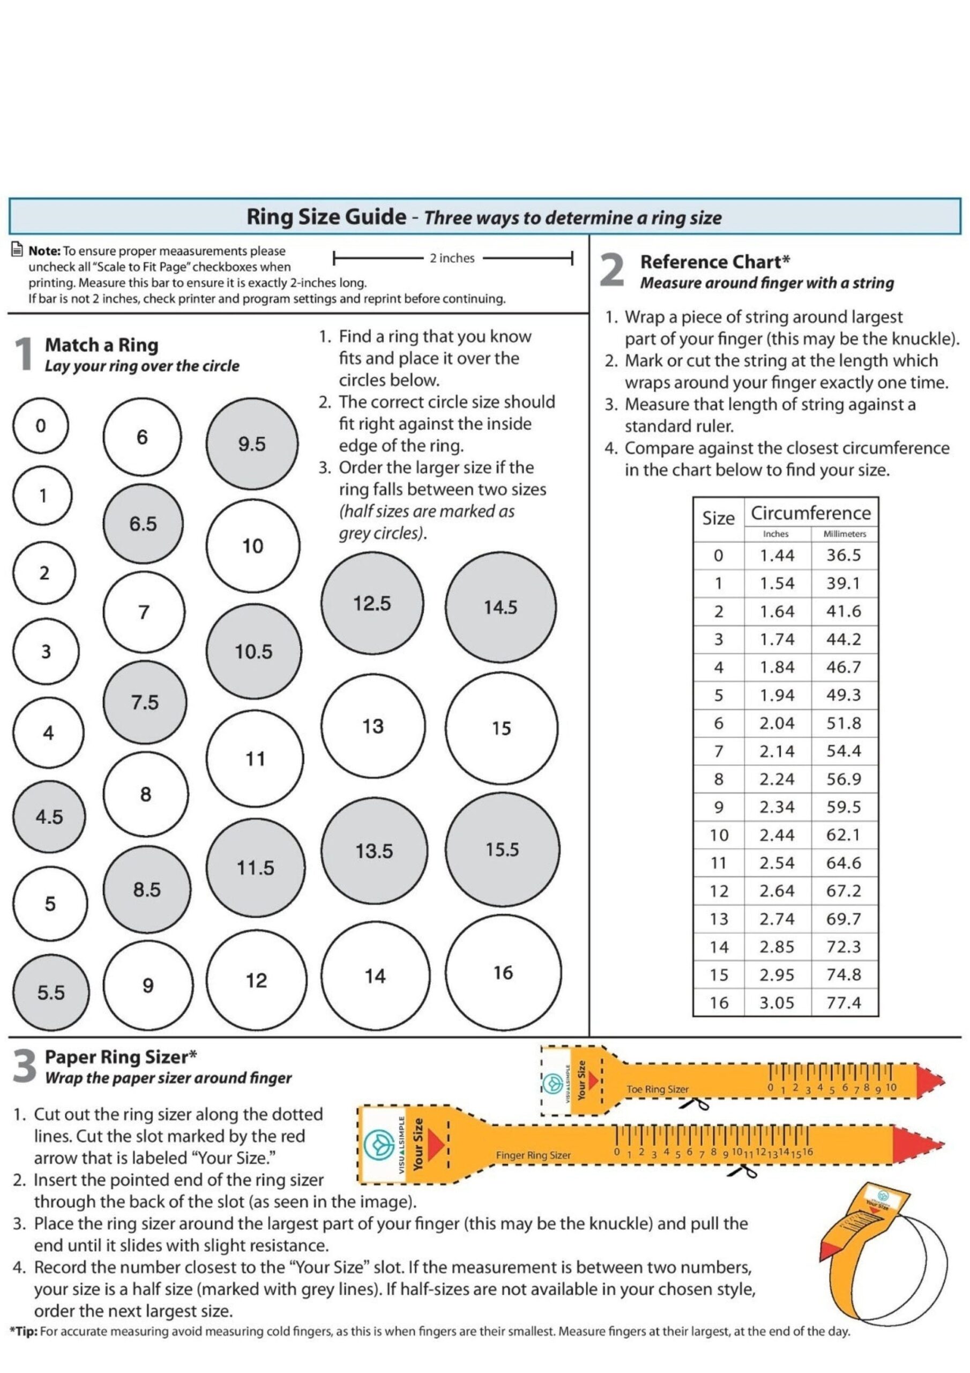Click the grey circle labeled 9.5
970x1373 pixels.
[252, 444]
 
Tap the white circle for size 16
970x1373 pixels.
[503, 972]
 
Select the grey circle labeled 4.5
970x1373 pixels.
[49, 817]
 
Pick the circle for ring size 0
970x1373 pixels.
[41, 426]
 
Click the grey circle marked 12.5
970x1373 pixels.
[372, 603]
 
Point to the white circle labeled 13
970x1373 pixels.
[373, 726]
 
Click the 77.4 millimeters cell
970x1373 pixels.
[844, 1003]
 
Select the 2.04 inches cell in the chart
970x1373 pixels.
[777, 723]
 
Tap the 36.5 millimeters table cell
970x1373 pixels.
[844, 555]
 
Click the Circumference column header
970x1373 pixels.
[810, 513]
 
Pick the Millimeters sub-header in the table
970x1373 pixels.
[844, 534]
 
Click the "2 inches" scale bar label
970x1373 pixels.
[452, 258]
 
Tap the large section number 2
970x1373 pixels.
[612, 270]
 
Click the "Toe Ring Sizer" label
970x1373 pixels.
[658, 1089]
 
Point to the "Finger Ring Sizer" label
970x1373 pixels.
[533, 1155]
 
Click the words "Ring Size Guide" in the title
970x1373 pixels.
[326, 217]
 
